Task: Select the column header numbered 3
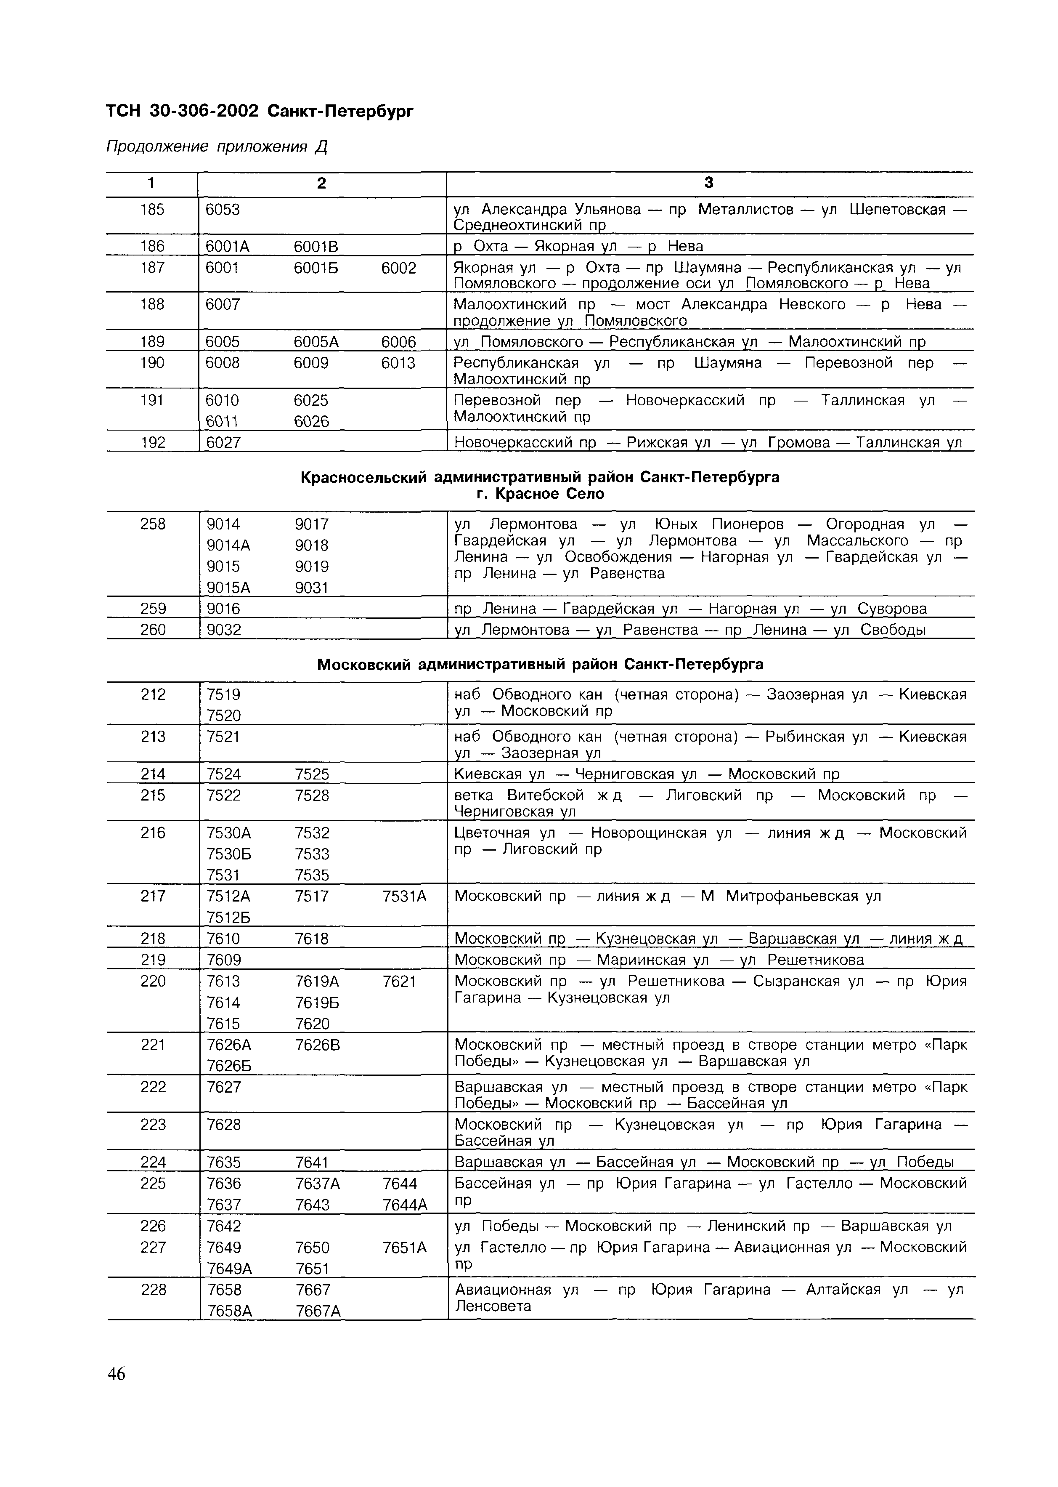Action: tap(709, 183)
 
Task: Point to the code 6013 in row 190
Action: tap(398, 363)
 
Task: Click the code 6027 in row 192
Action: tap(223, 442)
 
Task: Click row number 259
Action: tap(153, 609)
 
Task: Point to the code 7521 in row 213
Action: tap(223, 737)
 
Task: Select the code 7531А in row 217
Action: tap(404, 896)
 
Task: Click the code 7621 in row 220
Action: tap(399, 982)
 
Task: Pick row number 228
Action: tap(153, 1290)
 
